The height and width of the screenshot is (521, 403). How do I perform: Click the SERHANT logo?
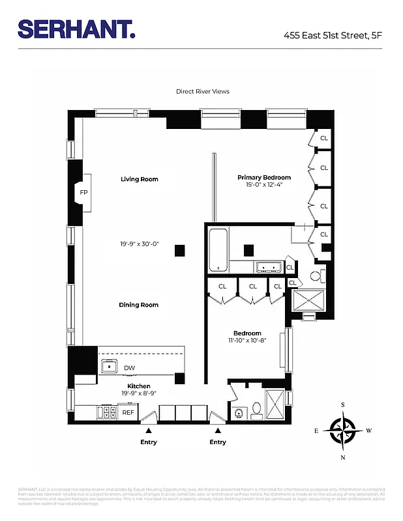point(76,29)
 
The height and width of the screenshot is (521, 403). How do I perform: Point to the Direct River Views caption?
point(202,92)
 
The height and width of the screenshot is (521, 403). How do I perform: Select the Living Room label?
point(139,179)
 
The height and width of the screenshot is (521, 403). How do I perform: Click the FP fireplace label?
point(83,193)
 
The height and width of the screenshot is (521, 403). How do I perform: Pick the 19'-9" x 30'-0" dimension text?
point(139,244)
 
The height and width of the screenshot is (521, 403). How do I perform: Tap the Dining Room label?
point(138,305)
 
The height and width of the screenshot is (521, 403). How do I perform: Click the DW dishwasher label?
point(129,368)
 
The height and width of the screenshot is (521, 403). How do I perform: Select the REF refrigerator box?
point(128,413)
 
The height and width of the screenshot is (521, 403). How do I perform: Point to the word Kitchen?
point(139,386)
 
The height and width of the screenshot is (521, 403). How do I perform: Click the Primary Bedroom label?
point(263,177)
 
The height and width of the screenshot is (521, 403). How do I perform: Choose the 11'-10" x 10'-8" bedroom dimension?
point(247,341)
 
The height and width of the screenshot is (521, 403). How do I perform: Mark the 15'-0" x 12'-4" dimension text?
point(263,185)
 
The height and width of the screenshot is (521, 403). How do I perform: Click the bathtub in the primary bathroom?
point(218,251)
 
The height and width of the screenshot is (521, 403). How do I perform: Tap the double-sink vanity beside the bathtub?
point(267,266)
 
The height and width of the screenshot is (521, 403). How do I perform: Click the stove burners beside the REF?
point(103,413)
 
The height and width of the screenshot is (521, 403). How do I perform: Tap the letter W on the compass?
point(369,430)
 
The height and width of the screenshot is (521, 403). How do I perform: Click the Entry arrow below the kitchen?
point(149,430)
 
